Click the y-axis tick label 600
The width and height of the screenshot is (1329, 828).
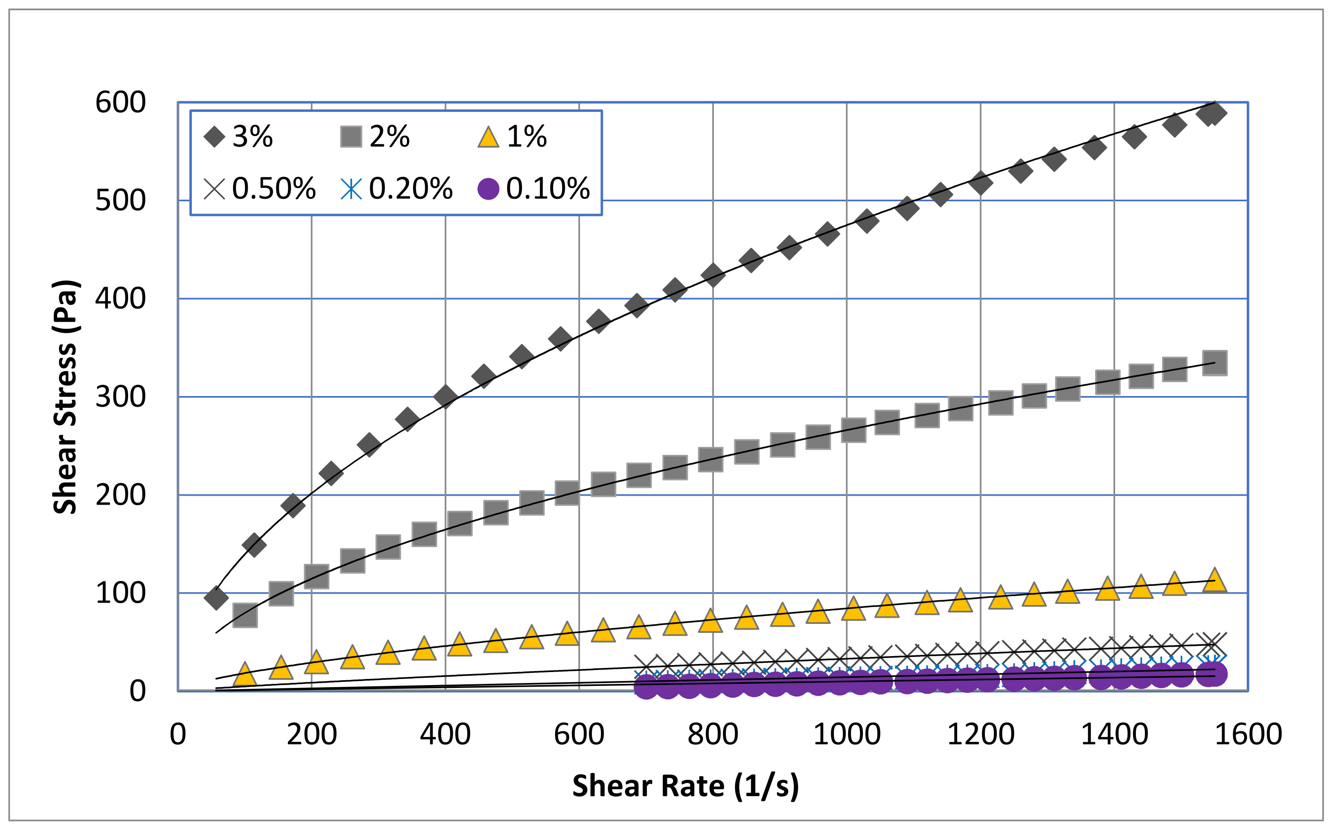[120, 102]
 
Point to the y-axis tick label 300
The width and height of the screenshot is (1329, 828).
[120, 396]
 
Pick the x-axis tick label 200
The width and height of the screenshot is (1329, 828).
[311, 735]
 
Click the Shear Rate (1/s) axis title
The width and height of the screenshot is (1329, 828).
[685, 786]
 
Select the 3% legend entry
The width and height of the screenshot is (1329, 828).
[239, 136]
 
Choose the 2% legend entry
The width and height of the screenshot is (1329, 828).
[376, 136]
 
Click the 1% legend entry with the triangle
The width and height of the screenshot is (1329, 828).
[512, 136]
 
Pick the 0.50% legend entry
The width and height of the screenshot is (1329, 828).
[260, 188]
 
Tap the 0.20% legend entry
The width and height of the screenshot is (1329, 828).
[397, 188]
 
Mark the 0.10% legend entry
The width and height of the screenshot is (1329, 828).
[533, 188]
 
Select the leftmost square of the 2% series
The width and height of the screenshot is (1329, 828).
[244, 616]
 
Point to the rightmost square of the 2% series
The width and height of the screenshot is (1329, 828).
[1214, 363]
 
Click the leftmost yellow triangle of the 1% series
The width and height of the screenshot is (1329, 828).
[244, 674]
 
